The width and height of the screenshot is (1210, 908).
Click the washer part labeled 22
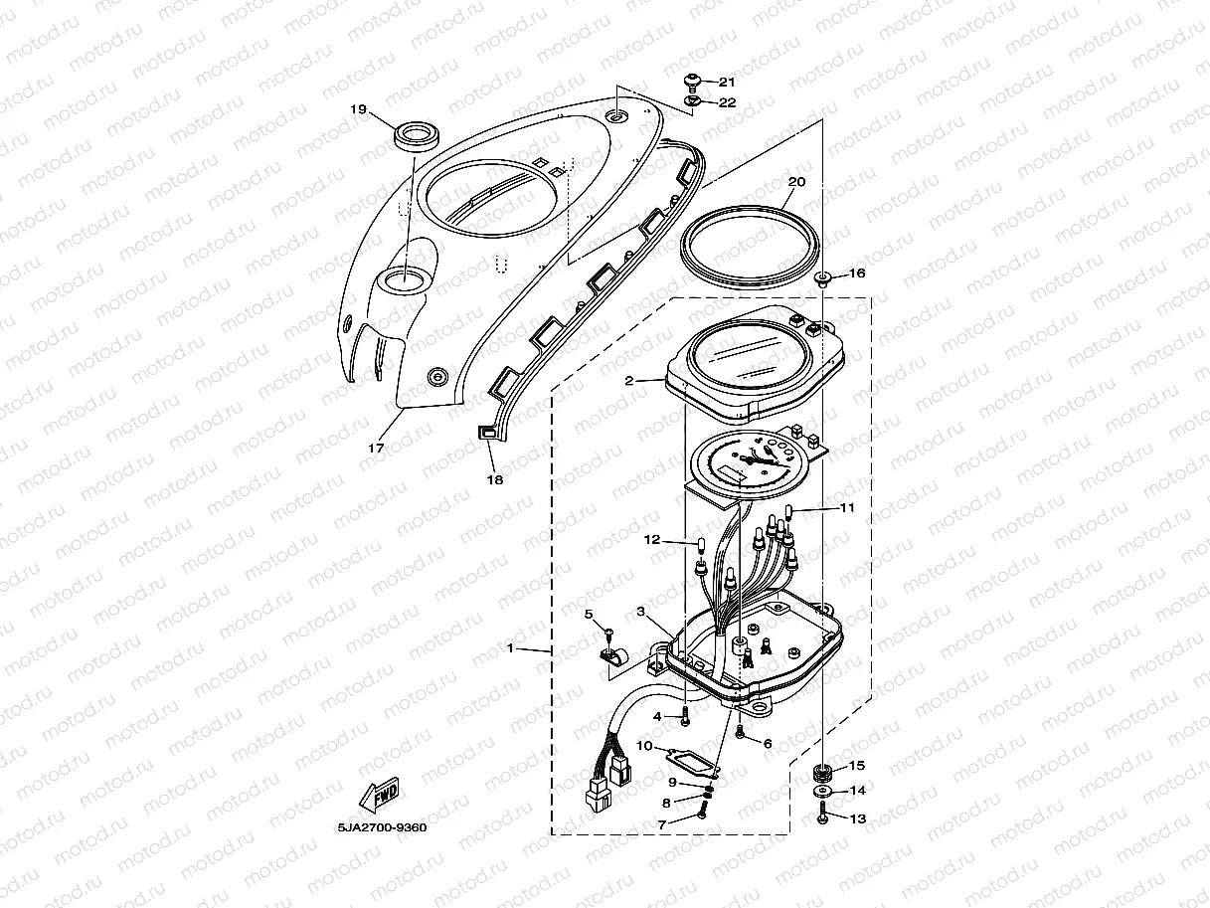[693, 101]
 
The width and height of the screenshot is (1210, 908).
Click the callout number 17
[376, 448]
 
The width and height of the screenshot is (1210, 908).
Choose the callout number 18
[494, 479]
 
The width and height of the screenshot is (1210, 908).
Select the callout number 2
[629, 380]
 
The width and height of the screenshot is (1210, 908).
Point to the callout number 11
[846, 507]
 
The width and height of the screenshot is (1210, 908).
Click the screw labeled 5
[607, 634]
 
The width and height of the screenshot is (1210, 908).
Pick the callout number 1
[510, 648]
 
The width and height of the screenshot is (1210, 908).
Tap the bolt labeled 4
[685, 719]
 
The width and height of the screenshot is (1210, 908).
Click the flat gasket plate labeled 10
[690, 758]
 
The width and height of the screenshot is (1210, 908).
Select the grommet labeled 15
[823, 769]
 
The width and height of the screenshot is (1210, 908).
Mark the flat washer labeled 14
[822, 792]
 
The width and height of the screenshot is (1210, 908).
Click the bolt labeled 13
[823, 817]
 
